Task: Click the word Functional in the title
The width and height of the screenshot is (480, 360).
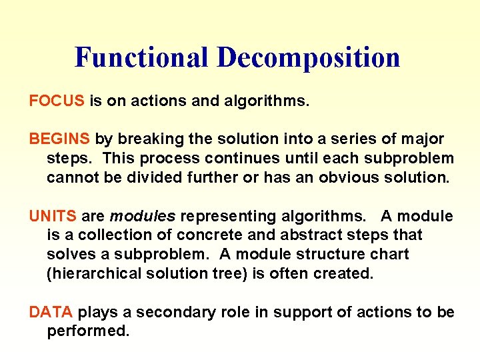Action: point(141,57)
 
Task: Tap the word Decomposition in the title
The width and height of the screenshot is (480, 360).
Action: point(308,57)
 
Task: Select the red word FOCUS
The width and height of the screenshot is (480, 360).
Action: point(57,101)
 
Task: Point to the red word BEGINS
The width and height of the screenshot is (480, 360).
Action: point(59,139)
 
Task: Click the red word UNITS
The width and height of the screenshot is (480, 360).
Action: point(53,216)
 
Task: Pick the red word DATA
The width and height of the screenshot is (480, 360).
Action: point(51,312)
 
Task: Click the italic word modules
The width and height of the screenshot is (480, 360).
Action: point(143,216)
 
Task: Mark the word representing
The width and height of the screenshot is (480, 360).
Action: point(227,216)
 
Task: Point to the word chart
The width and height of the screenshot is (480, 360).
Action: point(390,254)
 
